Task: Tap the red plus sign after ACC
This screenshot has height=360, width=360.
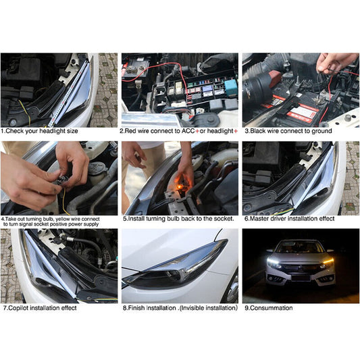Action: click(197, 131)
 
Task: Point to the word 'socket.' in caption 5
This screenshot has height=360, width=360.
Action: click(224, 219)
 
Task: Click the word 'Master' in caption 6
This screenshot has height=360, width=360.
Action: click(259, 219)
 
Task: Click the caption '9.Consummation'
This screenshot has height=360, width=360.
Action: click(268, 308)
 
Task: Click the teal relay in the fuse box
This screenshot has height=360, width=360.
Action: click(230, 87)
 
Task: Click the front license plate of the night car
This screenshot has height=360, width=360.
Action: click(301, 278)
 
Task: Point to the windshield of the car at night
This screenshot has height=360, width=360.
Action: click(299, 247)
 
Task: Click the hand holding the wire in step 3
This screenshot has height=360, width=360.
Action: click(334, 63)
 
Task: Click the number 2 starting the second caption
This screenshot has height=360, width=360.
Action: click(122, 131)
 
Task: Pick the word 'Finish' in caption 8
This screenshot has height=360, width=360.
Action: click(136, 308)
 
